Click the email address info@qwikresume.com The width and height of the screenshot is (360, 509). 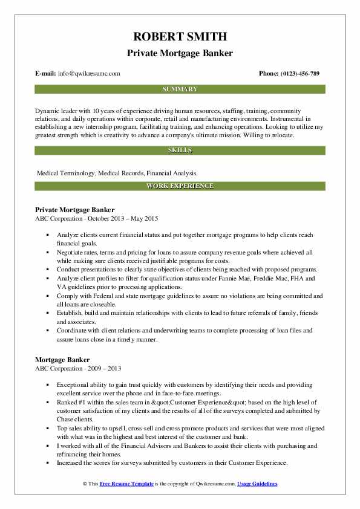tap(89, 74)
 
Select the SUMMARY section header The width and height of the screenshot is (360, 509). tap(180, 89)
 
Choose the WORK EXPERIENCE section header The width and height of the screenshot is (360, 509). tap(180, 186)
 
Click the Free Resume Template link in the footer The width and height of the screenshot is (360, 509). tap(128, 484)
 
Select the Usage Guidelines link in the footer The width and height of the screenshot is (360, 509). tap(257, 484)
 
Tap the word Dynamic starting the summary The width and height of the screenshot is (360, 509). tap(48, 111)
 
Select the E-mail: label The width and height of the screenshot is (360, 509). tap(46, 74)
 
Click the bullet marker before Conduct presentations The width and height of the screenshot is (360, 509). tap(47, 270)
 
